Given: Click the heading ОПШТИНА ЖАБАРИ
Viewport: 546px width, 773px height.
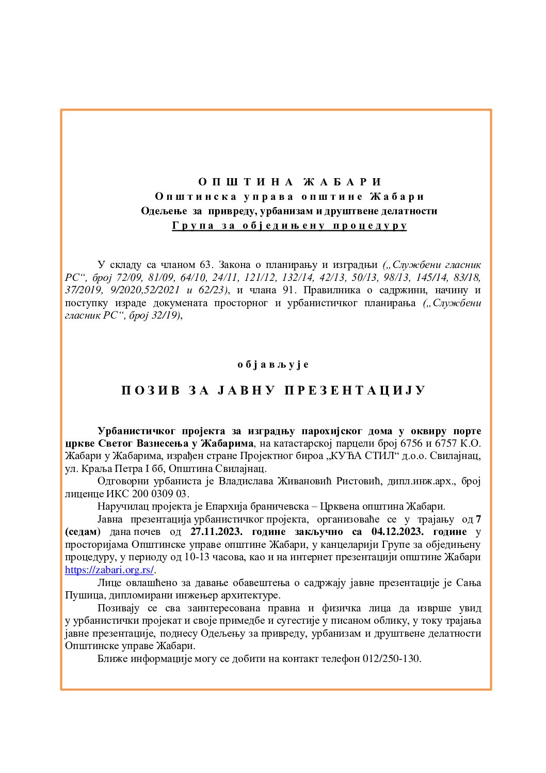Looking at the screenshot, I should pyautogui.click(x=290, y=182).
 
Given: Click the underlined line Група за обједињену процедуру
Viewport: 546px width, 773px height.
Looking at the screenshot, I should pyautogui.click(x=290, y=226).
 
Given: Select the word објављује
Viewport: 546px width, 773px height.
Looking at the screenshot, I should pyautogui.click(x=273, y=365).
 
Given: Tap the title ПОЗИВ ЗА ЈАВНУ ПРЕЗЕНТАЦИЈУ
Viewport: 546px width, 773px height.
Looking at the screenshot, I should pyautogui.click(x=273, y=390).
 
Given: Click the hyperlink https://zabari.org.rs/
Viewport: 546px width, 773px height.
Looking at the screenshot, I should pyautogui.click(x=109, y=570).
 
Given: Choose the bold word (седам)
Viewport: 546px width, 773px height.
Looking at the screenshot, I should pyautogui.click(x=83, y=532).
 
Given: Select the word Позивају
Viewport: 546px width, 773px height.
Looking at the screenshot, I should pyautogui.click(x=118, y=608).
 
